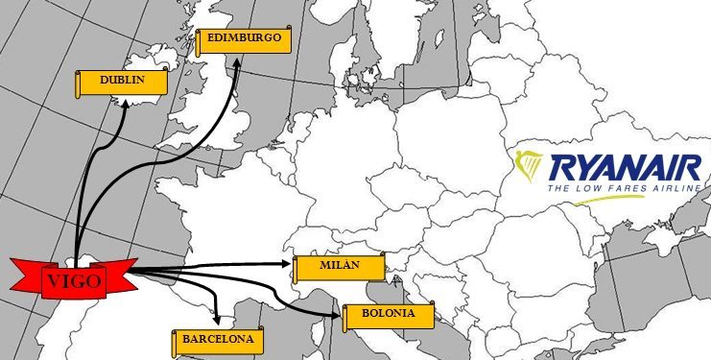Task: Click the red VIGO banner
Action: click(x=72, y=279)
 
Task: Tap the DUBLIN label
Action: click(x=122, y=82)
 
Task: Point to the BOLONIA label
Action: click(x=388, y=314)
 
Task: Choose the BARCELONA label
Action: click(x=218, y=340)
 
